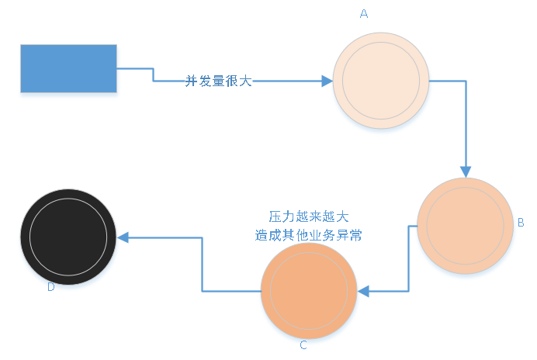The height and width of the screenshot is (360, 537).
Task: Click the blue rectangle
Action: tap(68, 68)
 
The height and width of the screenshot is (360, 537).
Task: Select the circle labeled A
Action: tap(381, 81)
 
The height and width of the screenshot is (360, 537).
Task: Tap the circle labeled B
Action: tap(465, 225)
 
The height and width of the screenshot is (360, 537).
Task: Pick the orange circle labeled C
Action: tap(309, 290)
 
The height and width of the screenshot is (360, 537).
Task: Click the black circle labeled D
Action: tap(68, 237)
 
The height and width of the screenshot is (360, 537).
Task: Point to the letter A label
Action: tap(364, 13)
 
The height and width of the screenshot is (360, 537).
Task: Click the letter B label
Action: tap(521, 222)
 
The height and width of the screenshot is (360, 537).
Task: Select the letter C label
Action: tap(303, 345)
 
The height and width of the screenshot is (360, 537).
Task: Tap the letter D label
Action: tap(50, 287)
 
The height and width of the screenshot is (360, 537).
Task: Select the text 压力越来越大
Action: tap(308, 216)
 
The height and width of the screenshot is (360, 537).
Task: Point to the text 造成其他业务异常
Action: tap(308, 234)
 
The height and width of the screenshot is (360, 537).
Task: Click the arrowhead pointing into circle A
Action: tap(327, 80)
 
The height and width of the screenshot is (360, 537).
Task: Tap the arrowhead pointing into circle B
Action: tap(466, 171)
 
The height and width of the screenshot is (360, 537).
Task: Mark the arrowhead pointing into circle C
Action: tap(363, 291)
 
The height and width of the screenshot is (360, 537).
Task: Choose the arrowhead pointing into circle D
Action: tap(123, 237)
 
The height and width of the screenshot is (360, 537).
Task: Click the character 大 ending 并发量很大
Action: tap(246, 80)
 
